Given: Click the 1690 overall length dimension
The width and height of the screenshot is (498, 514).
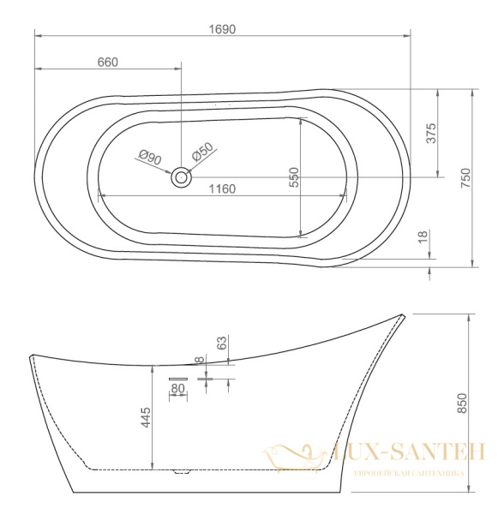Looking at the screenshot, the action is click(x=222, y=29).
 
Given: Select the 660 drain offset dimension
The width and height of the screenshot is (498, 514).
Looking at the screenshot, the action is click(x=108, y=63).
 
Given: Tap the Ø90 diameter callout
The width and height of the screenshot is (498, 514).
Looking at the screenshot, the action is click(x=150, y=157).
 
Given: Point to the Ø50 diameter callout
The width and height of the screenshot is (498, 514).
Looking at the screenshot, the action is click(x=203, y=152).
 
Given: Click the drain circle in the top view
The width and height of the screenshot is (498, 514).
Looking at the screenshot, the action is click(x=181, y=177).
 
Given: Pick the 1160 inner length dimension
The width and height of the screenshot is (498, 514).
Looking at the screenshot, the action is click(x=222, y=189).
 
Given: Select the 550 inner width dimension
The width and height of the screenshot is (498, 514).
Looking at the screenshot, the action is click(x=294, y=177).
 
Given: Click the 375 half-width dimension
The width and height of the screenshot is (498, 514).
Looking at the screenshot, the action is click(x=431, y=133).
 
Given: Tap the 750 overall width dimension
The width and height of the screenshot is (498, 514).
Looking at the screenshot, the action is click(x=465, y=177).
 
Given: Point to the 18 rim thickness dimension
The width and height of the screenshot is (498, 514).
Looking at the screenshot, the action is click(x=423, y=236).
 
